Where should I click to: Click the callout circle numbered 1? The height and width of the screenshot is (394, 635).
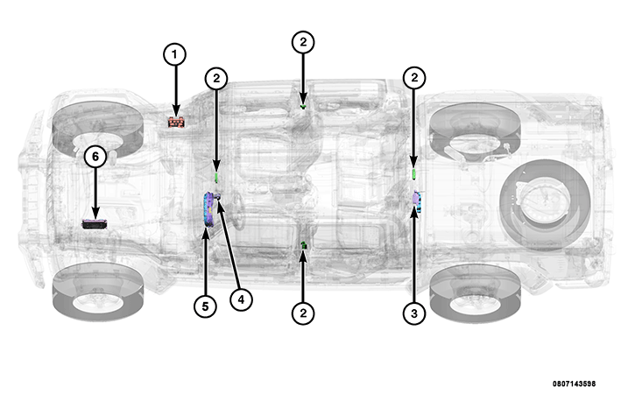pos(174,54)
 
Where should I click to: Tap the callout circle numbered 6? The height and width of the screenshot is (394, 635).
pos(95,157)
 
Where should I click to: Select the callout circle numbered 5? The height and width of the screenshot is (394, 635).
pos(205,306)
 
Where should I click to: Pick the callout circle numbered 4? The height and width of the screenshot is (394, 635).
pos(241,299)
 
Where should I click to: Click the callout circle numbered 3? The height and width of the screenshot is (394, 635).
pos(414,313)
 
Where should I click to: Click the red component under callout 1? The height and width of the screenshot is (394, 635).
pos(177,122)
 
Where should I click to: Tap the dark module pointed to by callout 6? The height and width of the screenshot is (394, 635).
pos(95,224)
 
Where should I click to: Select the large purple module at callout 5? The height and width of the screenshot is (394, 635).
pos(209,210)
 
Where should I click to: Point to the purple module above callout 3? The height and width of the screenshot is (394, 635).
pos(417,201)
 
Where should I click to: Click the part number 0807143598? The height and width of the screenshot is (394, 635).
pos(574,383)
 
